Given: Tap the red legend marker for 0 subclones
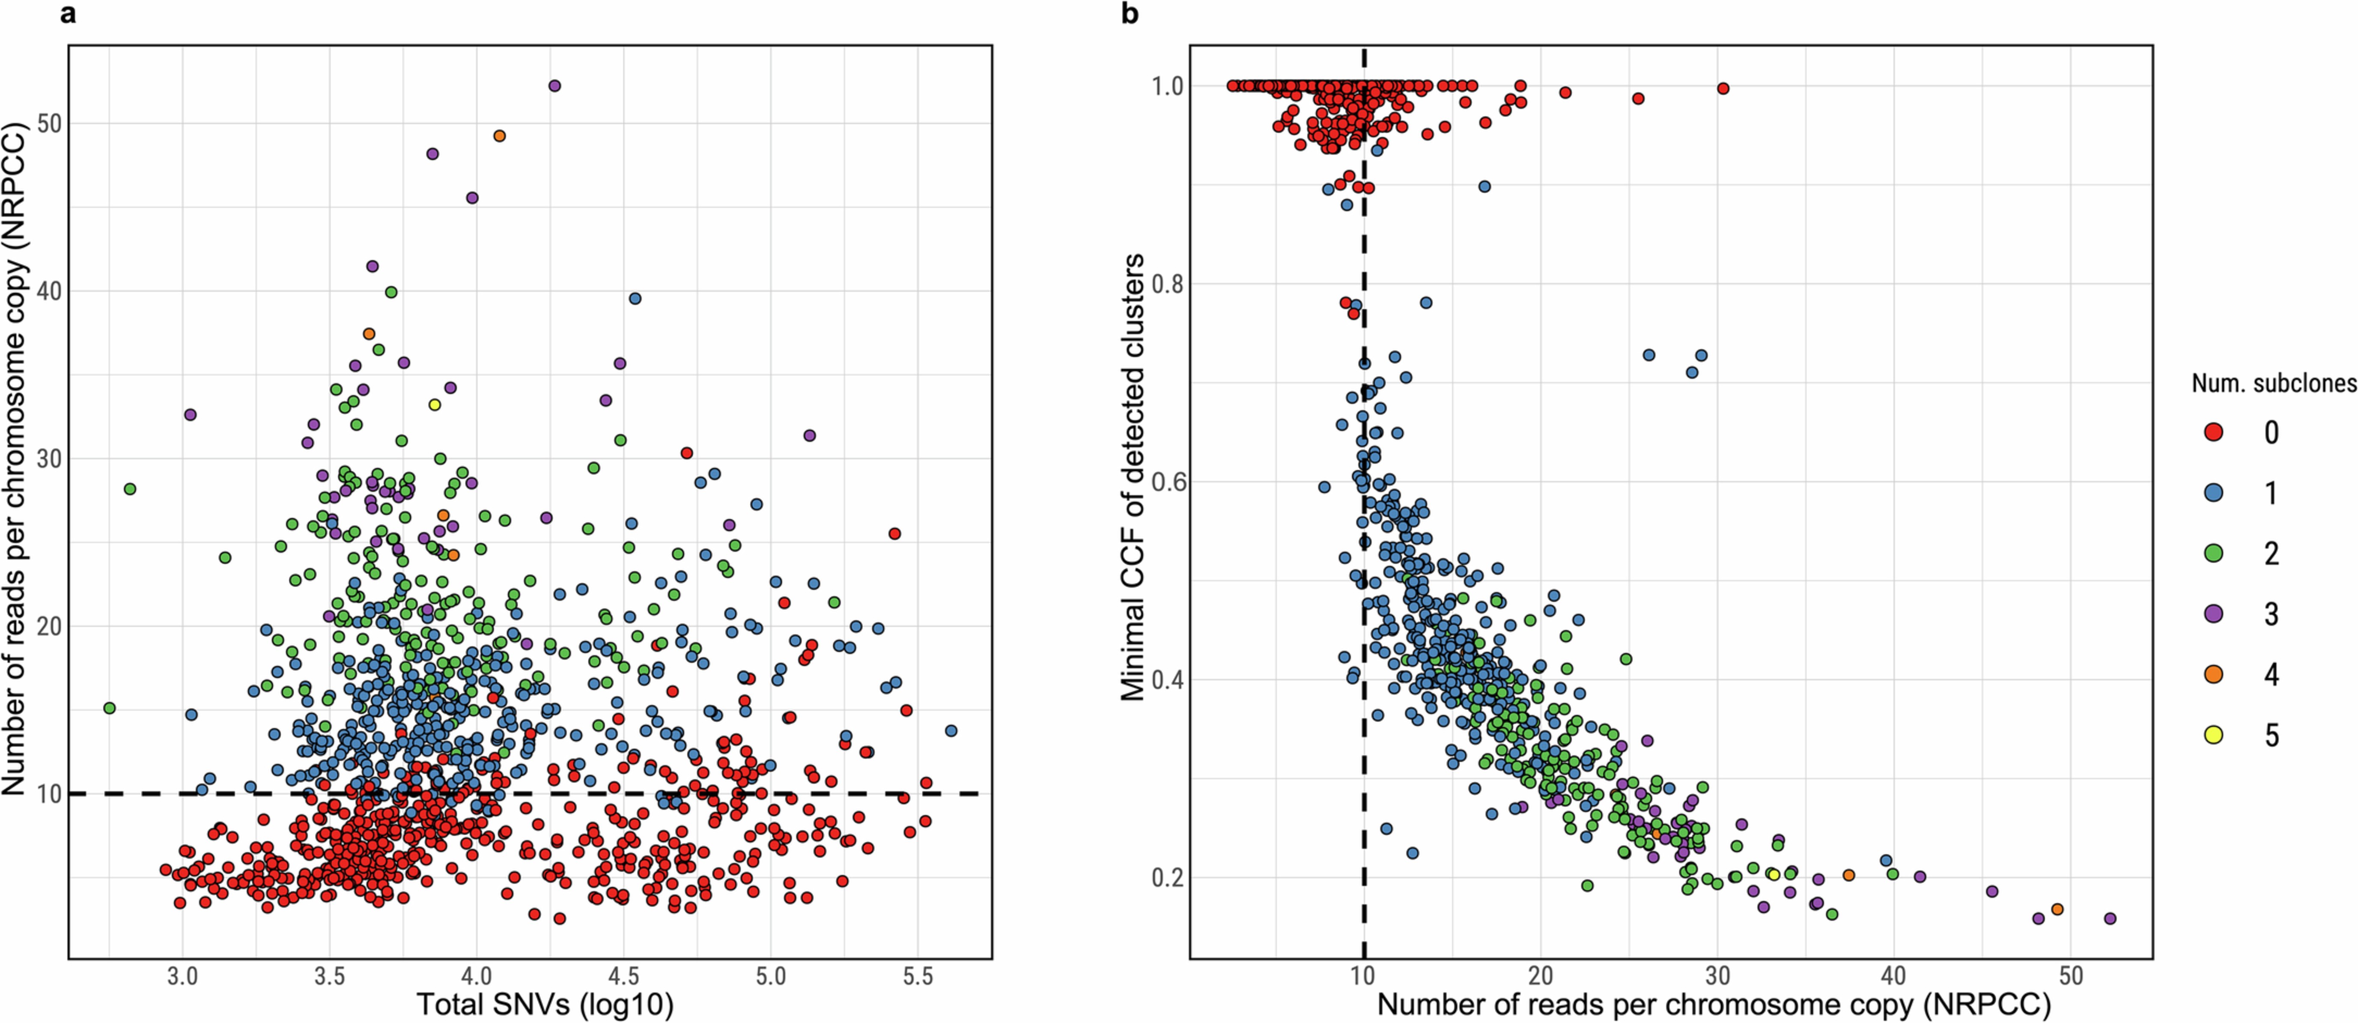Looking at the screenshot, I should [x=2213, y=432].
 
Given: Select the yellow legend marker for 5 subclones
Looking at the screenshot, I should [x=2213, y=735].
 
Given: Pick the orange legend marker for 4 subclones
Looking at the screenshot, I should [x=2213, y=674].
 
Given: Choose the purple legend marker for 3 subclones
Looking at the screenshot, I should [x=2213, y=613].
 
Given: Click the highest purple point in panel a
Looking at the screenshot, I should [x=554, y=86].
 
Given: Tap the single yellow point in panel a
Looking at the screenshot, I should [x=435, y=404].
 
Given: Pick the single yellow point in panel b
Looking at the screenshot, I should [x=1773, y=875].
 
